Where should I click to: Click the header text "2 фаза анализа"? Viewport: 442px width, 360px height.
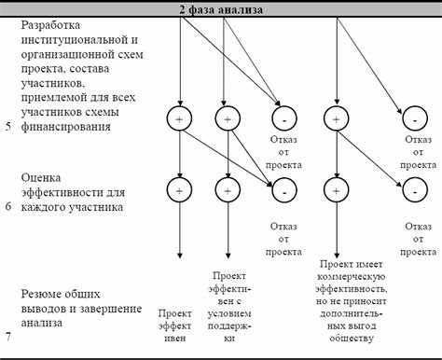tap(221, 9)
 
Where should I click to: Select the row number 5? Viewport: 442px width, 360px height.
tap(7, 125)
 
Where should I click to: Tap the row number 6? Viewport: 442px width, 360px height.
tap(7, 207)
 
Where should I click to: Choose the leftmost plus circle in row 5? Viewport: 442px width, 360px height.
tap(179, 118)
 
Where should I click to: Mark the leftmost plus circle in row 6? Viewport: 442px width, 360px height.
tap(179, 189)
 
